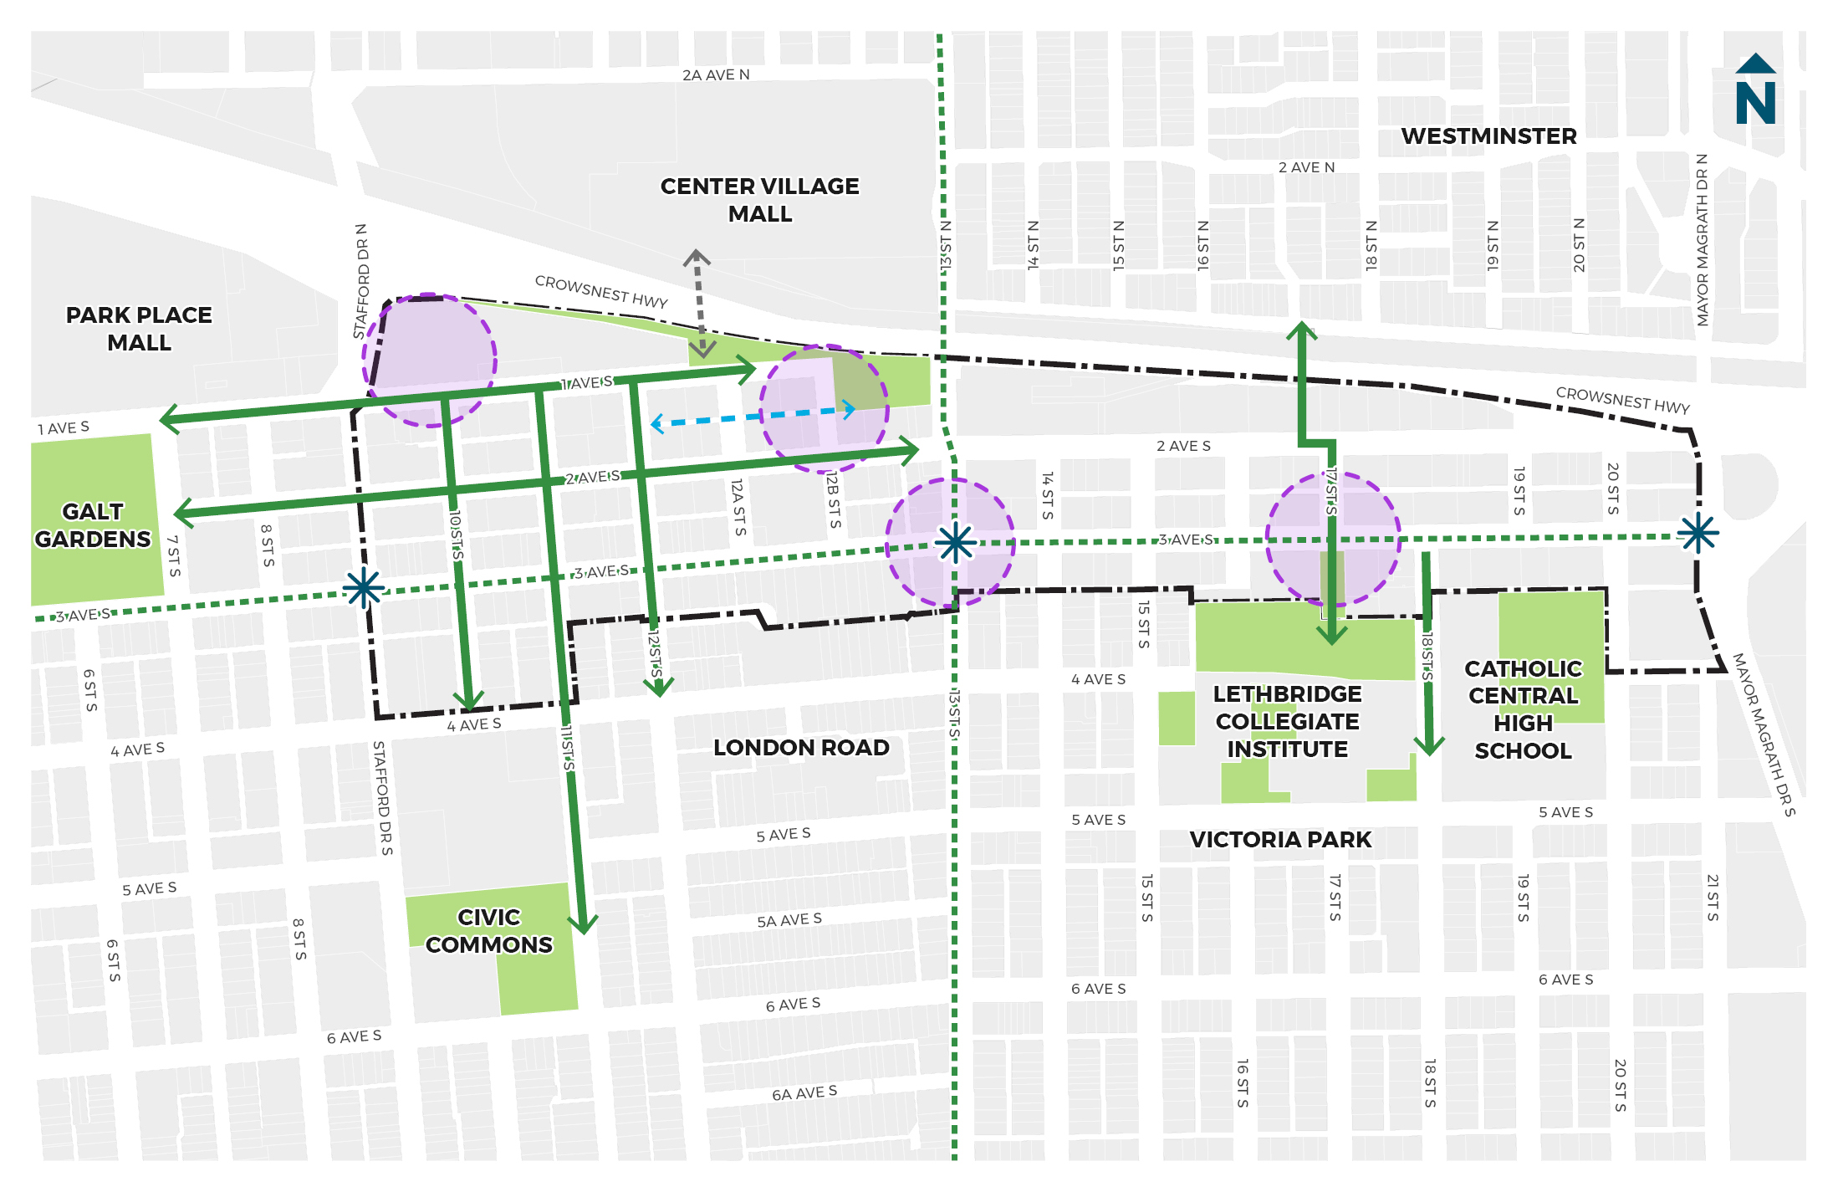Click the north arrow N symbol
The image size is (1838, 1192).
pyautogui.click(x=1754, y=92)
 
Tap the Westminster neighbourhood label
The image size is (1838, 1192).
pyautogui.click(x=1488, y=136)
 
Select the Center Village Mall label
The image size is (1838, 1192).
pyautogui.click(x=759, y=200)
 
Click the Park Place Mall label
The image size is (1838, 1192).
pyautogui.click(x=139, y=329)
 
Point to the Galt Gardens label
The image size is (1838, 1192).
pyautogui.click(x=93, y=525)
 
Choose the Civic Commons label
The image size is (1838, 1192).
pyautogui.click(x=489, y=931)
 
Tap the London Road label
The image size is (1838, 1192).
pyautogui.click(x=801, y=748)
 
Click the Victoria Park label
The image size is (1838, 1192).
pyautogui.click(x=1280, y=840)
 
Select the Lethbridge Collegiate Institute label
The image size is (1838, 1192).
pyautogui.click(x=1287, y=722)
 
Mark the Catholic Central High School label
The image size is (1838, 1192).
pyautogui.click(x=1523, y=709)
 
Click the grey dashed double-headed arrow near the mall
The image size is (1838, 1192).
pyautogui.click(x=699, y=303)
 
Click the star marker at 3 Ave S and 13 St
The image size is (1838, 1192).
pyautogui.click(x=955, y=544)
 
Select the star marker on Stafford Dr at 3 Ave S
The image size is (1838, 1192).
pyautogui.click(x=364, y=588)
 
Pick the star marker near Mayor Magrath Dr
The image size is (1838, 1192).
pyautogui.click(x=1698, y=533)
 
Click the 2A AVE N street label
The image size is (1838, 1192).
pyautogui.click(x=716, y=75)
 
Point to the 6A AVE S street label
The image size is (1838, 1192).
pyautogui.click(x=804, y=1093)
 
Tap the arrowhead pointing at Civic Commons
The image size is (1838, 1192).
pyautogui.click(x=583, y=923)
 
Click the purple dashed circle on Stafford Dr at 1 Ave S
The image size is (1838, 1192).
pyautogui.click(x=429, y=361)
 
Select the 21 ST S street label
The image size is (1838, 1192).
pyautogui.click(x=1712, y=898)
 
